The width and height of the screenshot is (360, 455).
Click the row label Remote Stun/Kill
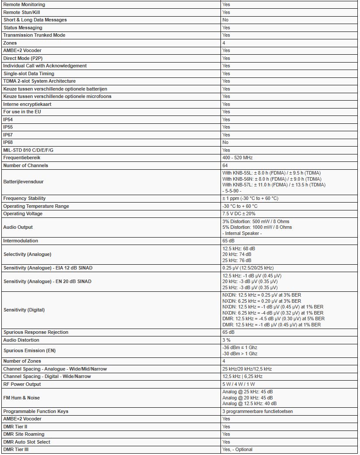18,12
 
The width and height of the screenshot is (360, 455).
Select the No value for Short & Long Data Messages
225,20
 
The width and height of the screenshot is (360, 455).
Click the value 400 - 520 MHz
238,157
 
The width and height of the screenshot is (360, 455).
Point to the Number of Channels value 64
225,165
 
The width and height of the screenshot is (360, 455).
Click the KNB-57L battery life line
273,185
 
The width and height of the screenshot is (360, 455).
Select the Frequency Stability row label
24,198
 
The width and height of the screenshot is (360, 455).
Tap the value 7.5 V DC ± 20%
239,213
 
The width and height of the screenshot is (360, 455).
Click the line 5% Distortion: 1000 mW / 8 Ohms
257,227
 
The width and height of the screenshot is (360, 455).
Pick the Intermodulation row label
21,241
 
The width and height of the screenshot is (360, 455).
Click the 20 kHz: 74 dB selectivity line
237,254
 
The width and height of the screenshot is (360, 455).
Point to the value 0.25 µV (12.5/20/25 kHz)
248,268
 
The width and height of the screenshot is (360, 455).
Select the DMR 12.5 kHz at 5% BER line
273,319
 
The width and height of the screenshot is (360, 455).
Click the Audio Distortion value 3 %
227,340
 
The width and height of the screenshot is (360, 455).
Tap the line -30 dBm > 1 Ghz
240,353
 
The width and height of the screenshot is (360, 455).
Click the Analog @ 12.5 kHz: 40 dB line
249,403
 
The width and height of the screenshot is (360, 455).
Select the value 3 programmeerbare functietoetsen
257,411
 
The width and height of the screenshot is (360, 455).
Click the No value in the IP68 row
225,142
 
